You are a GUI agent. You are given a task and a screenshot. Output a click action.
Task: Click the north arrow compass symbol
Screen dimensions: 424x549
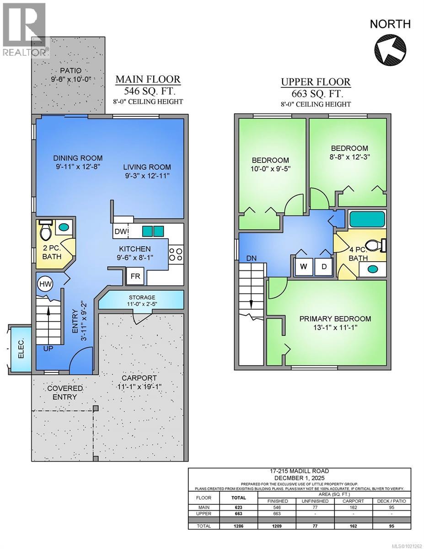391,50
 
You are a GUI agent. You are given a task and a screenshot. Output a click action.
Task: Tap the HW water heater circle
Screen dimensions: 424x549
45,284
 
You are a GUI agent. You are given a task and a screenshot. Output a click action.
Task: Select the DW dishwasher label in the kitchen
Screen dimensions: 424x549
121,231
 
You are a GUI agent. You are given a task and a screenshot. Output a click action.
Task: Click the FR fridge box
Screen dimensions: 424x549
135,276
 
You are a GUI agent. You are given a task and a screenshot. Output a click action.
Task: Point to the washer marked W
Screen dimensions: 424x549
304,267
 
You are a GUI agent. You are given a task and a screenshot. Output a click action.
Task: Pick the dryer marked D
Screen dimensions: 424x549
323,267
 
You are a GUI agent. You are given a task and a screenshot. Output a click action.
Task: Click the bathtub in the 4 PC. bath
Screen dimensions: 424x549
367,220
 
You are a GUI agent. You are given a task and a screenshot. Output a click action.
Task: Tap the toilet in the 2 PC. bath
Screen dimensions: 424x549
46,230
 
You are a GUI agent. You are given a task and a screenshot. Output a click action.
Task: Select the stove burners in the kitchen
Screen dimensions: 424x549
176,255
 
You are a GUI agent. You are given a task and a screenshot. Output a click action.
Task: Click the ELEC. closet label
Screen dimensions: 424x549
21,349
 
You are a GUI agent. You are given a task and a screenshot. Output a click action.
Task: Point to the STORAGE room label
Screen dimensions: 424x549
142,298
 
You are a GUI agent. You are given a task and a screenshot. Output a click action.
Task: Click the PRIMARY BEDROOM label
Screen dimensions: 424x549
335,319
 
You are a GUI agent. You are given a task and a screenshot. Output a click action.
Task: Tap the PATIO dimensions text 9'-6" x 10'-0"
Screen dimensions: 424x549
71,79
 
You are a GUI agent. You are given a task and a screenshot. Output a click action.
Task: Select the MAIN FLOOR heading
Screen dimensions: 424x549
148,79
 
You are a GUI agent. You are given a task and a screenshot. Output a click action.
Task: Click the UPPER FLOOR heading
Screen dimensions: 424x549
316,82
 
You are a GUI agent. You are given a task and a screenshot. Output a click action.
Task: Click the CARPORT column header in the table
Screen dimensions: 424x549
353,501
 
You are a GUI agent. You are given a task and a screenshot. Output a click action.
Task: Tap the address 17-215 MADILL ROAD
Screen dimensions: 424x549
299,471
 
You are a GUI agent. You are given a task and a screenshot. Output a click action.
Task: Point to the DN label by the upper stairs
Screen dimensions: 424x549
251,258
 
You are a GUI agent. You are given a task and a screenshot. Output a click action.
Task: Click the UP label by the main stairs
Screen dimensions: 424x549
48,349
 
